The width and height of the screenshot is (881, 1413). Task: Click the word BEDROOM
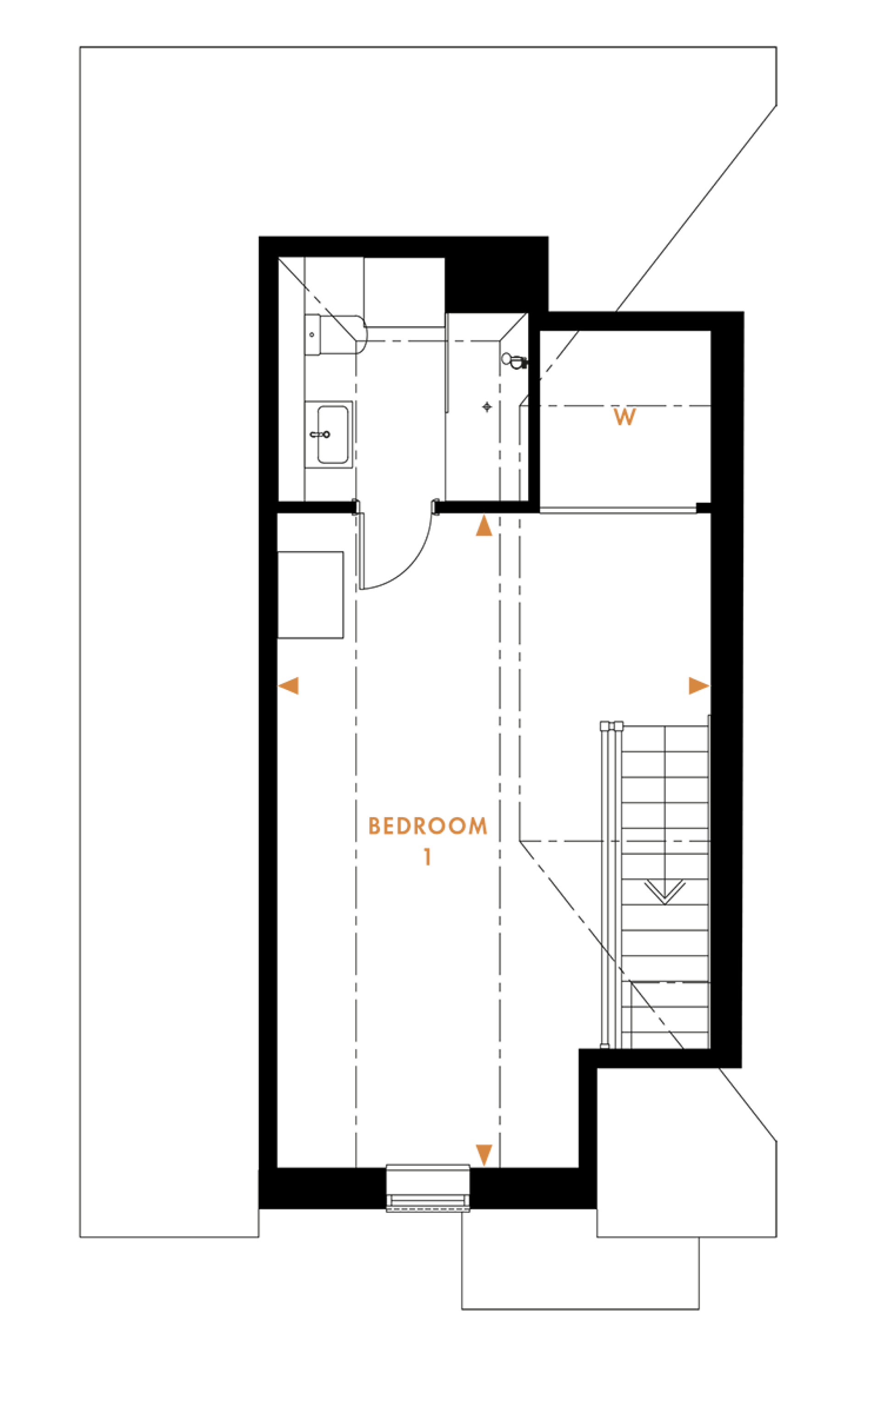[x=428, y=826]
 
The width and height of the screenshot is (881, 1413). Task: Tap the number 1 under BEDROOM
[x=428, y=857]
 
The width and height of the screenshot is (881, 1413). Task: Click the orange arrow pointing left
[x=289, y=686]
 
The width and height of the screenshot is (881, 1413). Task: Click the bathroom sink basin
[x=333, y=435]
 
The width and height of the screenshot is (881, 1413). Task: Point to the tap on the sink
[x=320, y=435]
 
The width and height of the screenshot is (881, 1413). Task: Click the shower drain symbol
[x=487, y=407]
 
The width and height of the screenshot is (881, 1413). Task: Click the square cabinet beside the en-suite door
[x=310, y=595]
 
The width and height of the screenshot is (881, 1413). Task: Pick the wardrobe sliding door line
[x=618, y=511]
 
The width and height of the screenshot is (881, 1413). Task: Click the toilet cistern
[x=312, y=335]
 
